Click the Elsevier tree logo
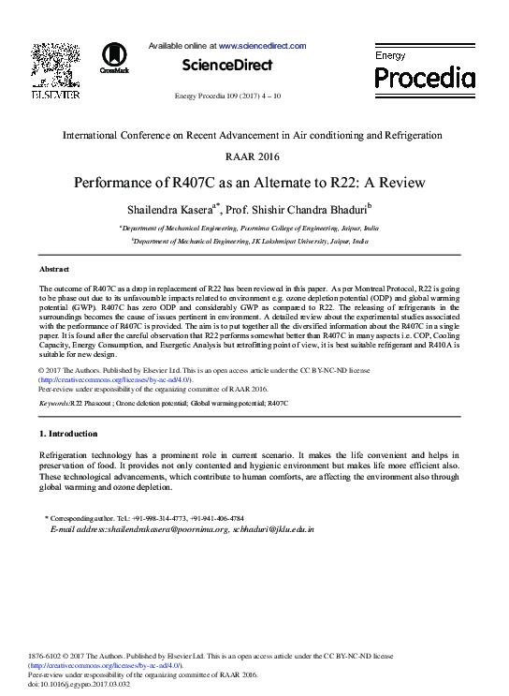[55, 65]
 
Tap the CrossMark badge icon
[114, 57]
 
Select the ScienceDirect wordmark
[227, 66]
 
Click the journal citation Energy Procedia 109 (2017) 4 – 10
[227, 96]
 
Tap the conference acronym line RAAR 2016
[252, 156]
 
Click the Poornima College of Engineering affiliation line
[250, 228]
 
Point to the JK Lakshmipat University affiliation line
[250, 241]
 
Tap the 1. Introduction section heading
[68, 434]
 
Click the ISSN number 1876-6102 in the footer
[47, 656]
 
